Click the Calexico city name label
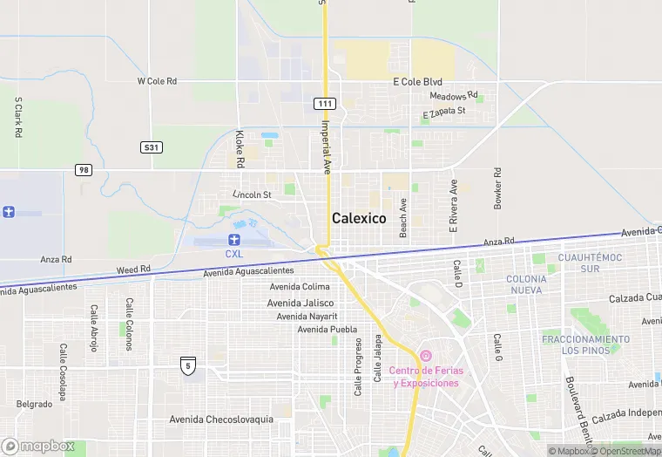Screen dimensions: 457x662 pyautogui.click(x=358, y=219)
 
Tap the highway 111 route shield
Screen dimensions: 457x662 pyautogui.click(x=324, y=104)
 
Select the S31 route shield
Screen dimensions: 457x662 pyautogui.click(x=152, y=147)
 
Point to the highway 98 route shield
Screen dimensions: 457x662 pyautogui.click(x=83, y=169)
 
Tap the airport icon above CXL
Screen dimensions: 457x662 pyautogui.click(x=233, y=239)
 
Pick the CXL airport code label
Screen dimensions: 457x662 pyautogui.click(x=233, y=254)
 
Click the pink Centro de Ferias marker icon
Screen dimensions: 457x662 pyautogui.click(x=425, y=356)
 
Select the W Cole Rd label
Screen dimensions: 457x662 pyautogui.click(x=157, y=81)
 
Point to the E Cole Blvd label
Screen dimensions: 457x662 pyautogui.click(x=417, y=82)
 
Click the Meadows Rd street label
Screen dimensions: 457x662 pyautogui.click(x=454, y=95)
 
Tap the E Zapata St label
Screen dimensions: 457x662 pyautogui.click(x=444, y=113)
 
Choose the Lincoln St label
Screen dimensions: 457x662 pyautogui.click(x=253, y=194)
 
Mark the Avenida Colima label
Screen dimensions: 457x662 pyautogui.click(x=300, y=287)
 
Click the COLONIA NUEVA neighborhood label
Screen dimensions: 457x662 pyautogui.click(x=527, y=284)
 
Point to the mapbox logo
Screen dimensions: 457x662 pyautogui.click(x=39, y=446)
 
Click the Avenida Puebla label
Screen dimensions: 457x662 pyautogui.click(x=328, y=329)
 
